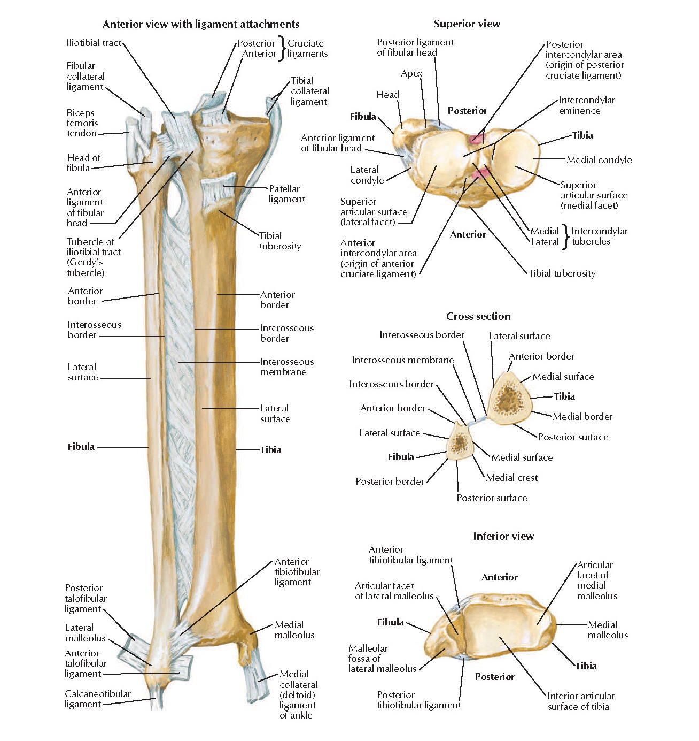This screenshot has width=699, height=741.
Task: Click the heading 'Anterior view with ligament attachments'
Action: [x=201, y=24]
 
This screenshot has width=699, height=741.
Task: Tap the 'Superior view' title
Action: [x=467, y=24]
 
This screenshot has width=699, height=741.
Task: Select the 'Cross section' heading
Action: [x=478, y=316]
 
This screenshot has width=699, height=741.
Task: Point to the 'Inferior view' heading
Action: [x=503, y=536]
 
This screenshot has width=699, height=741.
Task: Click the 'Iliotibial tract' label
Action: [x=94, y=43]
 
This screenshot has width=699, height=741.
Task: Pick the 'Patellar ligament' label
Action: [x=286, y=194]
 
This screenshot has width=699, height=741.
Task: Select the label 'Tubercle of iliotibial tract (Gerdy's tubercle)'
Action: [x=94, y=257]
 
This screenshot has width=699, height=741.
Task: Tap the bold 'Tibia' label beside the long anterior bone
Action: [x=270, y=450]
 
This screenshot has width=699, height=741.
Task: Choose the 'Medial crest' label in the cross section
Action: [x=511, y=478]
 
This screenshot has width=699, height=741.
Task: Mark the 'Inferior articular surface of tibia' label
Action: [x=580, y=701]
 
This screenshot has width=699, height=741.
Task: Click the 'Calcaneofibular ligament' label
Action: [x=97, y=699]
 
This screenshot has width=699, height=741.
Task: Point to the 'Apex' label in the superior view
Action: [x=411, y=73]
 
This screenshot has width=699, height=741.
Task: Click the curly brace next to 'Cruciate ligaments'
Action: [x=282, y=48]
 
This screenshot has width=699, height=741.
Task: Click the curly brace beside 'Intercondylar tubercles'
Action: [x=566, y=236]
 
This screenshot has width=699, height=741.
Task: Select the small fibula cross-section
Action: [x=459, y=442]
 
